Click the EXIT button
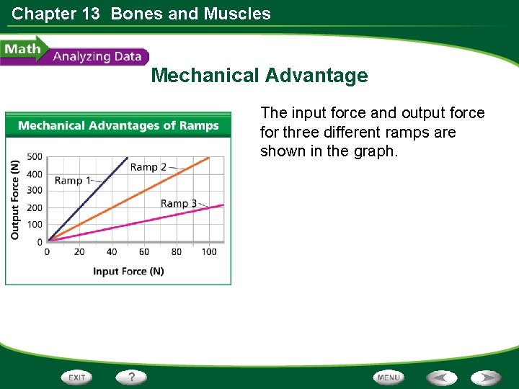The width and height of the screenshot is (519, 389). [x=77, y=377]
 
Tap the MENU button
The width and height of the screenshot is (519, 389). [x=389, y=377]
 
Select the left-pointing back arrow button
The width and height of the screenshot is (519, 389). [x=442, y=377]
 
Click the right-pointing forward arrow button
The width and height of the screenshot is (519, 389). [x=487, y=377]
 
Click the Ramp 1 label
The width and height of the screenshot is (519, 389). [x=72, y=180]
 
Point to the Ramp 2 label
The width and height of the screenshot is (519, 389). [x=148, y=167]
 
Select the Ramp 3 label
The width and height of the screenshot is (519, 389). [x=178, y=203]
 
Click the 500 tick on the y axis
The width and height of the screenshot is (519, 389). [x=35, y=156]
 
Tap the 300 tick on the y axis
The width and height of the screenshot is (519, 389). [x=35, y=191]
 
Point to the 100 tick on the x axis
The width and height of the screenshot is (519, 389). [x=209, y=252]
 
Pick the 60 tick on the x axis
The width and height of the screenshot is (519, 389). [x=144, y=252]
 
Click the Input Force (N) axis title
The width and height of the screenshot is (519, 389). [x=128, y=272]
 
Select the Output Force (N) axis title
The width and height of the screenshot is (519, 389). [x=15, y=200]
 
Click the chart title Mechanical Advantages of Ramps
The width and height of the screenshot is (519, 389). [x=118, y=126]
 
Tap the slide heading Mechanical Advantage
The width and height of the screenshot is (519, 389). [x=259, y=76]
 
